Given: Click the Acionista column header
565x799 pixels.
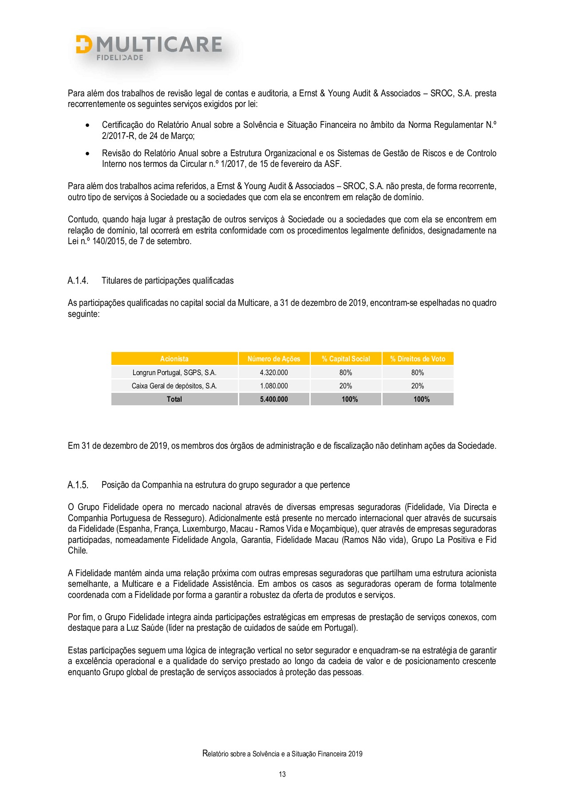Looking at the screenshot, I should click(174, 359).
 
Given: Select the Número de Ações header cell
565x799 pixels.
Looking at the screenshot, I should click(274, 359).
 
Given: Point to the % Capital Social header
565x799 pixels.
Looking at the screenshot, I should click(346, 359).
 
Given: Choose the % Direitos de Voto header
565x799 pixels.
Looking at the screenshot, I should click(418, 359).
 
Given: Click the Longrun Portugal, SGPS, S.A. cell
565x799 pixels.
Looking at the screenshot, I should click(174, 372).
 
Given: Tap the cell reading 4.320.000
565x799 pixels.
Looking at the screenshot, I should click(274, 372).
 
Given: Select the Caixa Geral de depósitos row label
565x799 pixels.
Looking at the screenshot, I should click(174, 386).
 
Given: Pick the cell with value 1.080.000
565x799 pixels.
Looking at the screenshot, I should click(274, 386).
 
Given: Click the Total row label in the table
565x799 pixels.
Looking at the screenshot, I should click(174, 399).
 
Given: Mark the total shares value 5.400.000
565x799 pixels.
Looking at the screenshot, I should click(274, 399).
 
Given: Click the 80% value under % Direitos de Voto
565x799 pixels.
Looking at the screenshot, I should click(418, 372).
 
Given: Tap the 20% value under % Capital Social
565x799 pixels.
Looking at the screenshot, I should click(346, 386).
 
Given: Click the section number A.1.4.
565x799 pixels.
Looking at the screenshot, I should click(78, 281).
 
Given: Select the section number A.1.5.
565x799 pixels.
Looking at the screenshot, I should click(78, 485).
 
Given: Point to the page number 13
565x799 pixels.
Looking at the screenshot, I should click(282, 774).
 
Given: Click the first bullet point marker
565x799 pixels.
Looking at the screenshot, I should click(87, 126).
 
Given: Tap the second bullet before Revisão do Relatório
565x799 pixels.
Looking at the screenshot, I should click(87, 154).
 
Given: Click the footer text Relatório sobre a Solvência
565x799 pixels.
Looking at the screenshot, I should click(282, 754).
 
